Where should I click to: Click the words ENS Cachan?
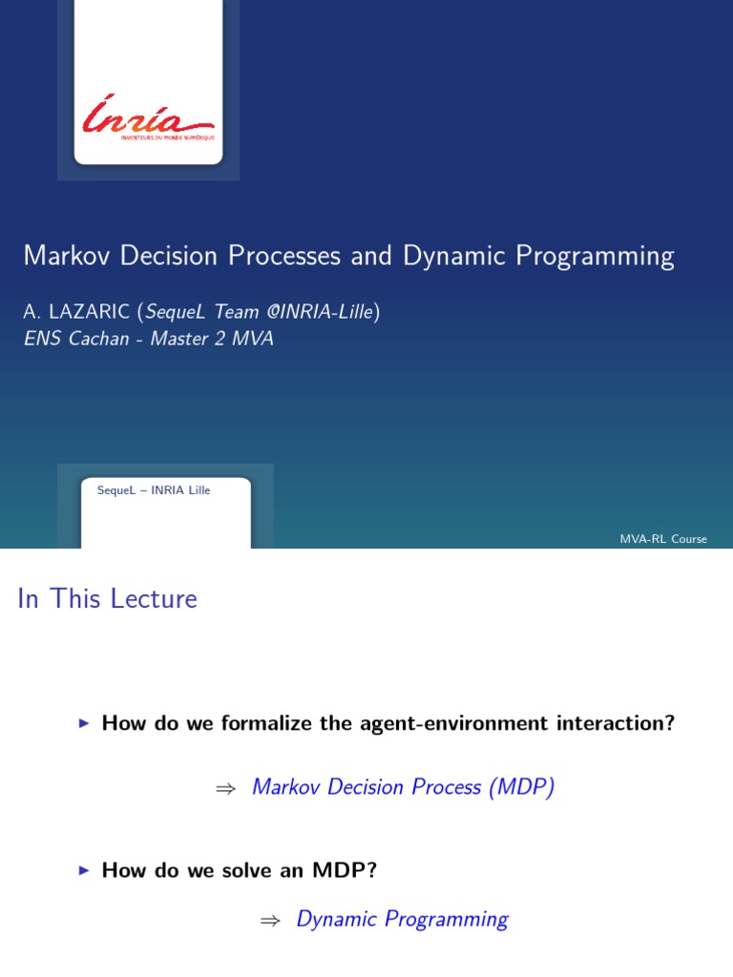tap(76, 339)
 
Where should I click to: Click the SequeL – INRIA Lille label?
tap(154, 490)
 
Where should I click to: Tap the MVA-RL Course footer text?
tap(663, 539)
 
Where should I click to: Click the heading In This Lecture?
tap(107, 599)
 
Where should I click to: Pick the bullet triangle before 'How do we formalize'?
tap(84, 724)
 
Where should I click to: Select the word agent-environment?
tap(450, 723)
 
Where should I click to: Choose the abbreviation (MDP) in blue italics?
tap(521, 787)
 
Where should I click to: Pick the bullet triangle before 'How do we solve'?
tap(84, 870)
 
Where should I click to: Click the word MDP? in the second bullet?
tap(353, 870)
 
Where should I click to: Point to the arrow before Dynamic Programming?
tap(269, 920)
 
